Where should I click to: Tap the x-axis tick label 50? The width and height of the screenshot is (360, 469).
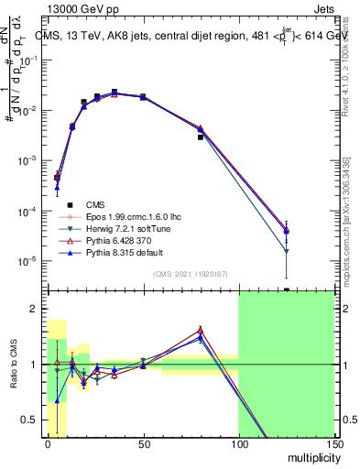tap(143, 443)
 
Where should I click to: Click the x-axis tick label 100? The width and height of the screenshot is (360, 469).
tap(238, 443)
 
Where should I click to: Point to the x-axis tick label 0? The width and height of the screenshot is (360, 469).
tap(48, 443)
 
